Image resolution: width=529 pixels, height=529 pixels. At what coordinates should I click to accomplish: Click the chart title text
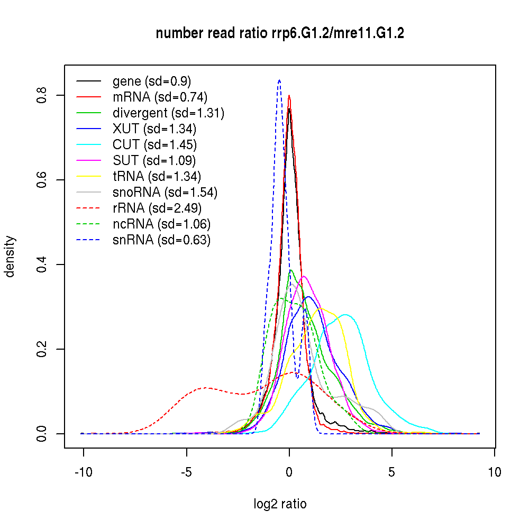(280, 34)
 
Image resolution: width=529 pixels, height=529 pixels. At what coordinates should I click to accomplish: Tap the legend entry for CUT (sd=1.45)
(154, 144)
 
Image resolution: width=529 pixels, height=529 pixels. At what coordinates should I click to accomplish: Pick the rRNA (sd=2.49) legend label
(157, 208)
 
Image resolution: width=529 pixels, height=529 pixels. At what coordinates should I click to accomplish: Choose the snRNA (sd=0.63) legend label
(161, 240)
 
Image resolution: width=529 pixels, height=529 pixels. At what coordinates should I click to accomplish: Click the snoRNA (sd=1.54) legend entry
(165, 192)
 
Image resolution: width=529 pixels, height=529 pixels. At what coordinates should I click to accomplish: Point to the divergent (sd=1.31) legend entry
(168, 113)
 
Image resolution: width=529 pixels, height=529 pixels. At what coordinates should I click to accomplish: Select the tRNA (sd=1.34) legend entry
(157, 176)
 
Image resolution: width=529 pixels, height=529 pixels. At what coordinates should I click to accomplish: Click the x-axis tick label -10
(84, 472)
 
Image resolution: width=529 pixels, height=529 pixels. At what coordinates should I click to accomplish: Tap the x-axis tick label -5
(186, 472)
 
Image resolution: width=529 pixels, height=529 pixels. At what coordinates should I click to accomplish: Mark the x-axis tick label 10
(495, 472)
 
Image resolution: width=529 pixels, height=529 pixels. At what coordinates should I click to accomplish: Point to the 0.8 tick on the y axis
(42, 95)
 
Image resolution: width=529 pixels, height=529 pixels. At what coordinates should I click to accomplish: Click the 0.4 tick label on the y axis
(42, 264)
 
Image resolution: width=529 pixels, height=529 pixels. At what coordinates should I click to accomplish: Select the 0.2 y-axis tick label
(42, 349)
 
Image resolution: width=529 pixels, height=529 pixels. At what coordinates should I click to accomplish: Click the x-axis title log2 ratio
(280, 504)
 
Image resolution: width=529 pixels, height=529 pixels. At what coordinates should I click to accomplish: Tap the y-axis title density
(10, 257)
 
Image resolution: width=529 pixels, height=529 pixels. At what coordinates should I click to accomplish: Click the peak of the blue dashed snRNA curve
(279, 80)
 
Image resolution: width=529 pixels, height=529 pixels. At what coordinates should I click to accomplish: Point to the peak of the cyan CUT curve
(345, 315)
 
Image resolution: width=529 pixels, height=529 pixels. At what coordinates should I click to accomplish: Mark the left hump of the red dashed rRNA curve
(206, 388)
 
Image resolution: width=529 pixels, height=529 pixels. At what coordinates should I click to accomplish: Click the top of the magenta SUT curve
(304, 276)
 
